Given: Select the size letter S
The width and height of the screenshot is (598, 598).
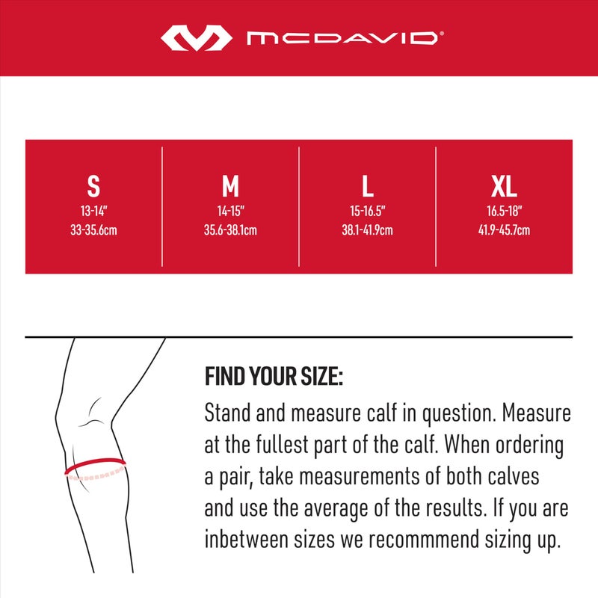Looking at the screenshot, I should click(x=93, y=185).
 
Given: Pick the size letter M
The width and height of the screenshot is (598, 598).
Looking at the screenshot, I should click(x=230, y=185).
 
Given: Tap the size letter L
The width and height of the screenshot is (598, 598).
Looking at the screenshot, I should click(x=367, y=185).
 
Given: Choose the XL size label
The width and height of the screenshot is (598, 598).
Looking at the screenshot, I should click(x=504, y=185).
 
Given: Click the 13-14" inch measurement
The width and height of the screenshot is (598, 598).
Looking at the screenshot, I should click(x=93, y=212).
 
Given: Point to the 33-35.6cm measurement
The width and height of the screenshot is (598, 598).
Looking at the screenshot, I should click(x=93, y=230).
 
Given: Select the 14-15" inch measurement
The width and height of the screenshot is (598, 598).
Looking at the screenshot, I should click(x=230, y=212).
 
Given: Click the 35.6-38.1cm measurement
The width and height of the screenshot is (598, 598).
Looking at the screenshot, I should click(x=230, y=230).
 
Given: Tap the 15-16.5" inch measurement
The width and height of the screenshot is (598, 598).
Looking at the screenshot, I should click(x=367, y=212).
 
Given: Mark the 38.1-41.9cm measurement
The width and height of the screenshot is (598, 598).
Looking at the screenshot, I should click(x=367, y=230).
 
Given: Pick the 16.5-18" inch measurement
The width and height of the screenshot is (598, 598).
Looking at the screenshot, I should click(x=504, y=212).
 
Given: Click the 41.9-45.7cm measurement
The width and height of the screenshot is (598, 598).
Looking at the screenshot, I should click(x=504, y=230).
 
